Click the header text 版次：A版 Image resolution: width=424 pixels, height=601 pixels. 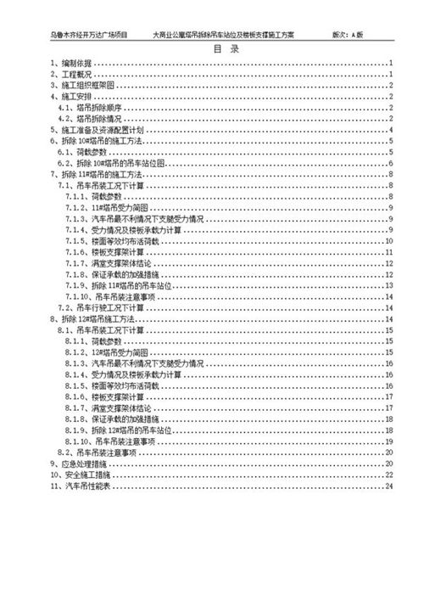coord(348,37)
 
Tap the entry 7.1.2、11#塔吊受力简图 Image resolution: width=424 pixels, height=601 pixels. coord(118,207)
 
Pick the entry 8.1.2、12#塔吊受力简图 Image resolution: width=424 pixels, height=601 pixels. coord(118,351)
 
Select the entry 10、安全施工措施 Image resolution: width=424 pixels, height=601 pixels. coord(81,475)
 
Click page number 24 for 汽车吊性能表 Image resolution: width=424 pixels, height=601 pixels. coord(388,486)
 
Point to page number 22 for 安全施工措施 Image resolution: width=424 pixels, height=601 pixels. coord(388,475)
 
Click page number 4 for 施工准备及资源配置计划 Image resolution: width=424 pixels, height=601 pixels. coord(390,130)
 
